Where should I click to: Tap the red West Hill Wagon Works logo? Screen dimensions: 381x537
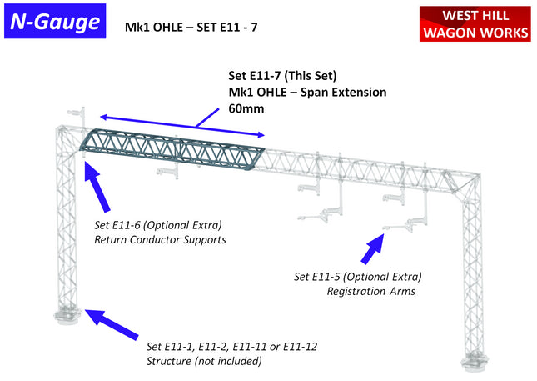(475, 23)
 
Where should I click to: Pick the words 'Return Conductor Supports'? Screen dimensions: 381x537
(160, 240)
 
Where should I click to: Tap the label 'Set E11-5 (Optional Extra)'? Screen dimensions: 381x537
(357, 277)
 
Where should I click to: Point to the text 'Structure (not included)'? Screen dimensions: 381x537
(204, 361)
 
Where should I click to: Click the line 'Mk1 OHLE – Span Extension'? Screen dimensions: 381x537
(307, 92)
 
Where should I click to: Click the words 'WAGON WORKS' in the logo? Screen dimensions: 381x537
(475, 33)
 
